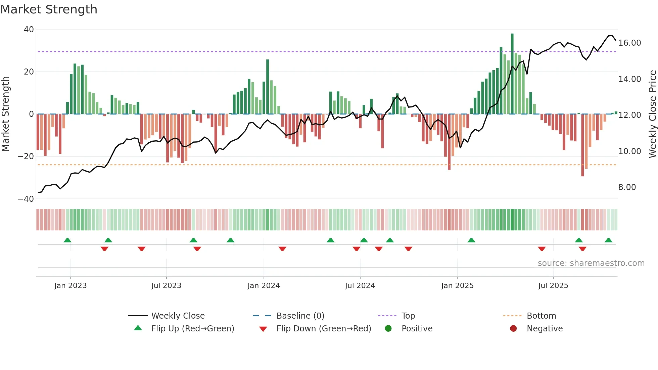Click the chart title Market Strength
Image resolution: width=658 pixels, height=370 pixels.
[49, 9]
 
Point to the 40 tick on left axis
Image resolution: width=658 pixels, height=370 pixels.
[29, 30]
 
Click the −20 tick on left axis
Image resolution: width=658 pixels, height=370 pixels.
[26, 156]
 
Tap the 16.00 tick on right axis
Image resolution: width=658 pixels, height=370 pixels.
[629, 43]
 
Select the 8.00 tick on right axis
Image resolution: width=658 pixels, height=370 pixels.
[627, 187]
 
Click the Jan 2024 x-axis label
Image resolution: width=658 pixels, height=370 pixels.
[264, 286]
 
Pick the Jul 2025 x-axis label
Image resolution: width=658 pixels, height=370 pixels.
[553, 286]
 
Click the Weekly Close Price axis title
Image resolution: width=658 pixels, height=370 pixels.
[652, 114]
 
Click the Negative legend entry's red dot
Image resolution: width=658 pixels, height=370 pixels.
[513, 329]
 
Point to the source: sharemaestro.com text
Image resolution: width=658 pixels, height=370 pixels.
[591, 263]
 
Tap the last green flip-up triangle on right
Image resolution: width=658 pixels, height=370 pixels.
[608, 240]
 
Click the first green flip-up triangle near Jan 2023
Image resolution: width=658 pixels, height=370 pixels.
[67, 240]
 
